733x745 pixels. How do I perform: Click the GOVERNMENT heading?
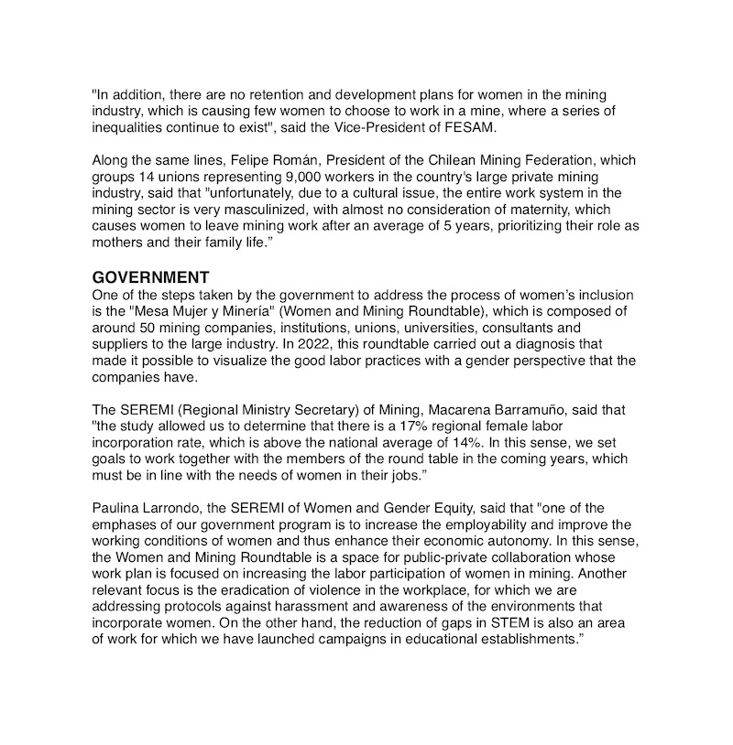tap(151, 277)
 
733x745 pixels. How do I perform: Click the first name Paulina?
tap(118, 508)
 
